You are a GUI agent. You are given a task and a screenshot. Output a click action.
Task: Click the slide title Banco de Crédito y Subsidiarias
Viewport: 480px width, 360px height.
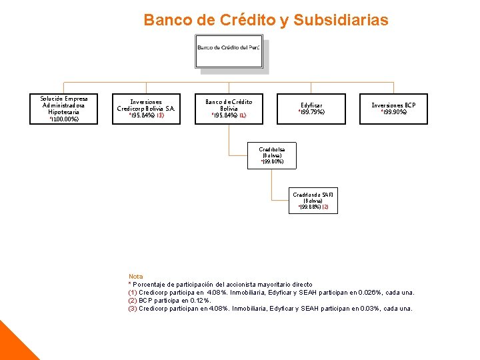tap(265, 20)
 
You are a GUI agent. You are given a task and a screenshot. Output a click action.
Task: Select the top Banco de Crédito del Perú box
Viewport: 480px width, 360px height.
tap(229, 53)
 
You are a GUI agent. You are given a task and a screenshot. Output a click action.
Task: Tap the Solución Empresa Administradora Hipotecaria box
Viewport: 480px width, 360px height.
tap(64, 109)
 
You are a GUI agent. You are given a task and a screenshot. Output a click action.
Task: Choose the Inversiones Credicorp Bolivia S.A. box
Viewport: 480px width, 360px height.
tap(146, 109)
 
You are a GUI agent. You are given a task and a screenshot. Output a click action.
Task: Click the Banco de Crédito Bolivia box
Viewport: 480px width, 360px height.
tap(229, 109)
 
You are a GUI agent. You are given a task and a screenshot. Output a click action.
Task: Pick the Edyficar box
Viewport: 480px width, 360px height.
tap(311, 109)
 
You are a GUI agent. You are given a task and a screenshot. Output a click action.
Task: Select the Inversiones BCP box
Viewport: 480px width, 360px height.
tap(393, 109)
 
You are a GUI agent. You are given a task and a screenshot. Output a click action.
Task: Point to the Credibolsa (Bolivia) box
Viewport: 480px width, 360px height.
tap(273, 155)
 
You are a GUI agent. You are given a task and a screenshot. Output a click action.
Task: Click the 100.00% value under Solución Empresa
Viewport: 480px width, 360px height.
tap(65, 119)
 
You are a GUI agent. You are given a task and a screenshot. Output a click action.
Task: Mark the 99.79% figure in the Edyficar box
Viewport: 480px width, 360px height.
tap(312, 113)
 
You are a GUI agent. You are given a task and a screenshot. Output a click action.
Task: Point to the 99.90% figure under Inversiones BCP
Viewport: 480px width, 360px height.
tap(394, 113)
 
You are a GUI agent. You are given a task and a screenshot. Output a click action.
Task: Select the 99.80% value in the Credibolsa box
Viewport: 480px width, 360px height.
tap(273, 162)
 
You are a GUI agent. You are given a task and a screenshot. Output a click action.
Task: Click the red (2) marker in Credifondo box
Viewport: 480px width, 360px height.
tap(325, 207)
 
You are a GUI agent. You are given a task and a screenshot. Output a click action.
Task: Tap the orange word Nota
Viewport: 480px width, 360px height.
tap(135, 276)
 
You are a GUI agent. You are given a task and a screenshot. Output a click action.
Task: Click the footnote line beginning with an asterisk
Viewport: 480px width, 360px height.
tap(220, 284)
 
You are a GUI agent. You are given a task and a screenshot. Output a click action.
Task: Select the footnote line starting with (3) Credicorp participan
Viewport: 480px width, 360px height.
tap(270, 308)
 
